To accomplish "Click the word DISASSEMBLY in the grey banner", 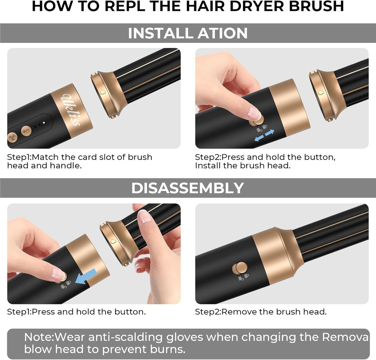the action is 188,188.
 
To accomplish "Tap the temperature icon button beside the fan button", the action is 26,131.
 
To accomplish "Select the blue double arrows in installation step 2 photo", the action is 264,135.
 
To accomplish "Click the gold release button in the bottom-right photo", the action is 239,268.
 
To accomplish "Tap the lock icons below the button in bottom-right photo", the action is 243,277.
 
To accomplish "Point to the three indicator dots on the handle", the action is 39,124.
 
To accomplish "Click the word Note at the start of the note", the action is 39,337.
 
